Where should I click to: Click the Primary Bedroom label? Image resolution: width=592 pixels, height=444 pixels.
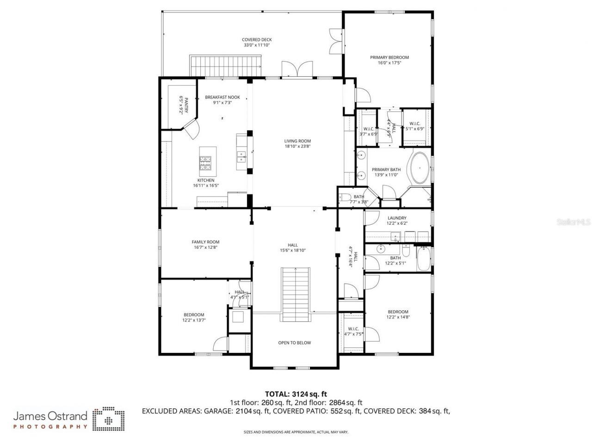(389, 58)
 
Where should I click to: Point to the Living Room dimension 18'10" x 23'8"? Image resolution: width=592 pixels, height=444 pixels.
(297, 147)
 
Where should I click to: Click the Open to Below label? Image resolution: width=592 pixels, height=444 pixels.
(294, 343)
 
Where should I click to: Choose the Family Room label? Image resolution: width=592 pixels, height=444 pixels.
(205, 242)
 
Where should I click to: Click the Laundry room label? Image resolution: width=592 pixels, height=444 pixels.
(397, 218)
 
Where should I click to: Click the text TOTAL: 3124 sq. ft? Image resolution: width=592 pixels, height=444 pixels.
(296, 394)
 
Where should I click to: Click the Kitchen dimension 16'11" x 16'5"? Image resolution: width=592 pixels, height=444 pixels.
(206, 185)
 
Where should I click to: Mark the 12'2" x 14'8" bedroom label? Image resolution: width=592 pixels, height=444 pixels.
(398, 317)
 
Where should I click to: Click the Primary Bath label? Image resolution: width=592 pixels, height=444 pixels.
(386, 170)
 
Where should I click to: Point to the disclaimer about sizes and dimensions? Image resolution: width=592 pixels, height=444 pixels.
(296, 432)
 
